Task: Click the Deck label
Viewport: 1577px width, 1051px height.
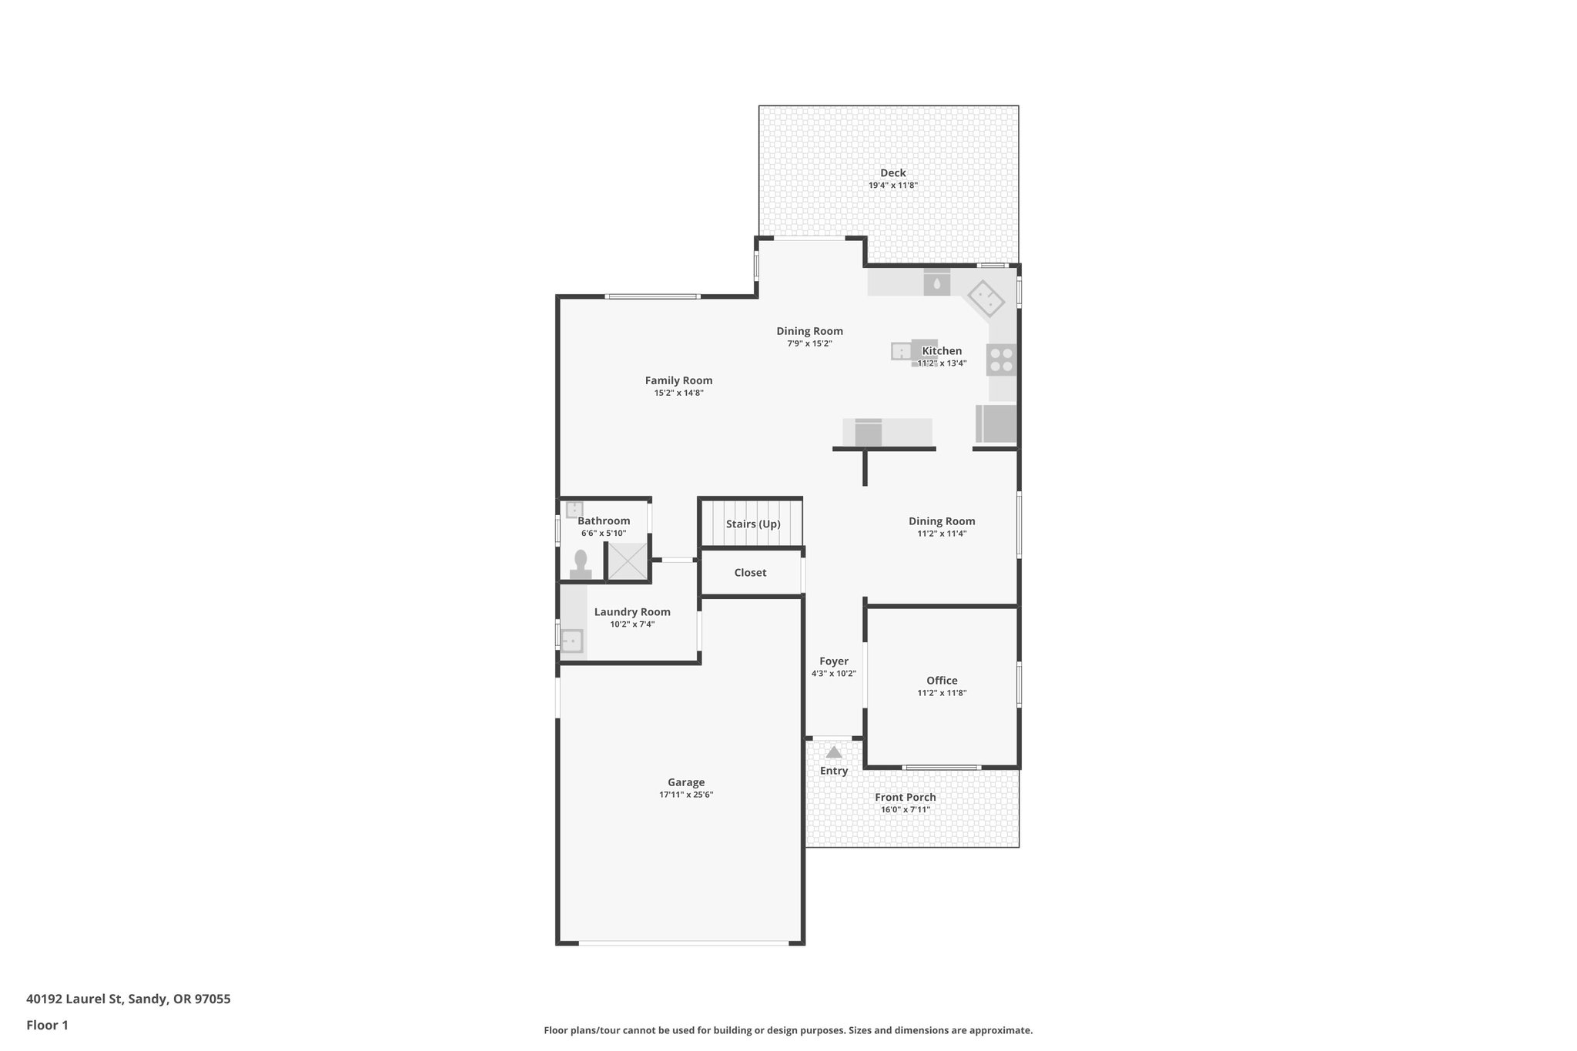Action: tap(893, 173)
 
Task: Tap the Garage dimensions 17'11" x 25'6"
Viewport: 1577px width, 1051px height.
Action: tap(686, 795)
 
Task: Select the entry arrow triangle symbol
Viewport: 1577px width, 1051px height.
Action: tap(834, 752)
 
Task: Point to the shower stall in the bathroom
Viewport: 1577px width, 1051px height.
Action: tap(628, 561)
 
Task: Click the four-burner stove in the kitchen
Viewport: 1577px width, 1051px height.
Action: tap(1002, 360)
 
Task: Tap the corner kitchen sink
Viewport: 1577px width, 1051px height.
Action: tap(986, 298)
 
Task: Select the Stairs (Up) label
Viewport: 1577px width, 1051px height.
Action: tap(753, 524)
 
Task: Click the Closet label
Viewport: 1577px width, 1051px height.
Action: tap(750, 573)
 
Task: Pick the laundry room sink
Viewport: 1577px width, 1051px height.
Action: tap(571, 641)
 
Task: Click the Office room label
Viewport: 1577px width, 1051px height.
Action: tap(942, 681)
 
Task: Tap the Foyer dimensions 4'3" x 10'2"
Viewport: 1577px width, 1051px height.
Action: tap(834, 674)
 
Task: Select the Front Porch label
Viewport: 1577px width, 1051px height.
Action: tap(906, 798)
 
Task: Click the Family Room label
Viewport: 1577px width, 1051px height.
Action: tap(678, 380)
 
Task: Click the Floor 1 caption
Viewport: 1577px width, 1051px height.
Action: tap(47, 1025)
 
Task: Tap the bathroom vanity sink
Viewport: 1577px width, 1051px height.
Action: tap(574, 510)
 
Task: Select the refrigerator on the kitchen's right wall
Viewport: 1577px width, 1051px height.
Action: tap(997, 424)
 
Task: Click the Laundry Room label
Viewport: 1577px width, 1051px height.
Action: tap(632, 612)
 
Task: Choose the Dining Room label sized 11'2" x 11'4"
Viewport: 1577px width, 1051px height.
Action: tap(942, 521)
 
